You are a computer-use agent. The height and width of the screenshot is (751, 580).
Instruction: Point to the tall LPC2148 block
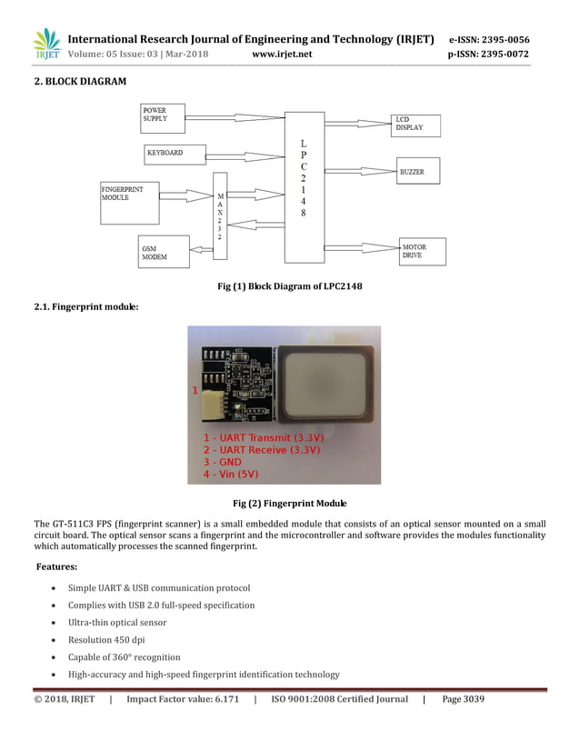click(304, 186)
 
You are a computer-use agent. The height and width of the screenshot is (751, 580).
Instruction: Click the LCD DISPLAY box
click(415, 125)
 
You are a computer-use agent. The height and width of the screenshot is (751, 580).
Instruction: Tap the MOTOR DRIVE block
click(422, 252)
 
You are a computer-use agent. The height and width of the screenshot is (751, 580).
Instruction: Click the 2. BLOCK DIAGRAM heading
click(80, 82)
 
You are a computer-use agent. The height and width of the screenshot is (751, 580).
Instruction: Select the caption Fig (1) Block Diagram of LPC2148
click(289, 287)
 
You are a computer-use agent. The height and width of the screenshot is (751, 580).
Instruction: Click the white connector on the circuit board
click(212, 397)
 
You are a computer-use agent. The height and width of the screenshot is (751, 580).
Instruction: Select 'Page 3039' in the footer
click(463, 699)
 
